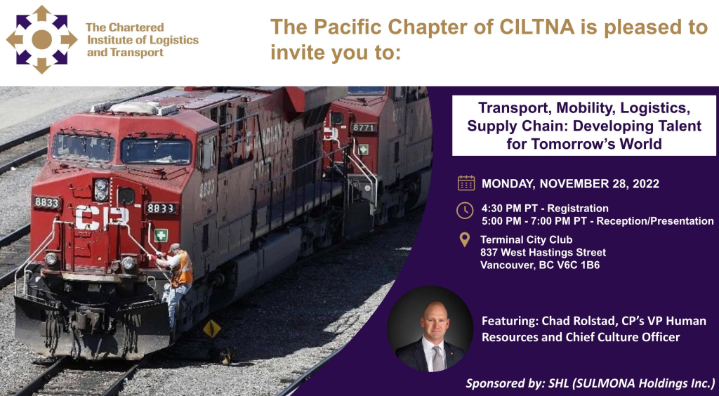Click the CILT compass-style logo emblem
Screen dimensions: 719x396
coord(41,39)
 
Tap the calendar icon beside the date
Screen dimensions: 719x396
coord(466,183)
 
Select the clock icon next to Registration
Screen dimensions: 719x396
coord(465,211)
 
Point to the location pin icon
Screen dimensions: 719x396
coord(465,239)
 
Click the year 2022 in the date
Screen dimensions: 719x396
coord(646,184)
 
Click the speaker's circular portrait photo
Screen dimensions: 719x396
coord(430,329)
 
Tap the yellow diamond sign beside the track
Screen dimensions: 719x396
coord(211,328)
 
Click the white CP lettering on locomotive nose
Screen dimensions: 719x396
coord(102,217)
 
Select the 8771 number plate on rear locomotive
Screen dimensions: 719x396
coord(364,127)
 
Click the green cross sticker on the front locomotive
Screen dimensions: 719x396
coord(161,235)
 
